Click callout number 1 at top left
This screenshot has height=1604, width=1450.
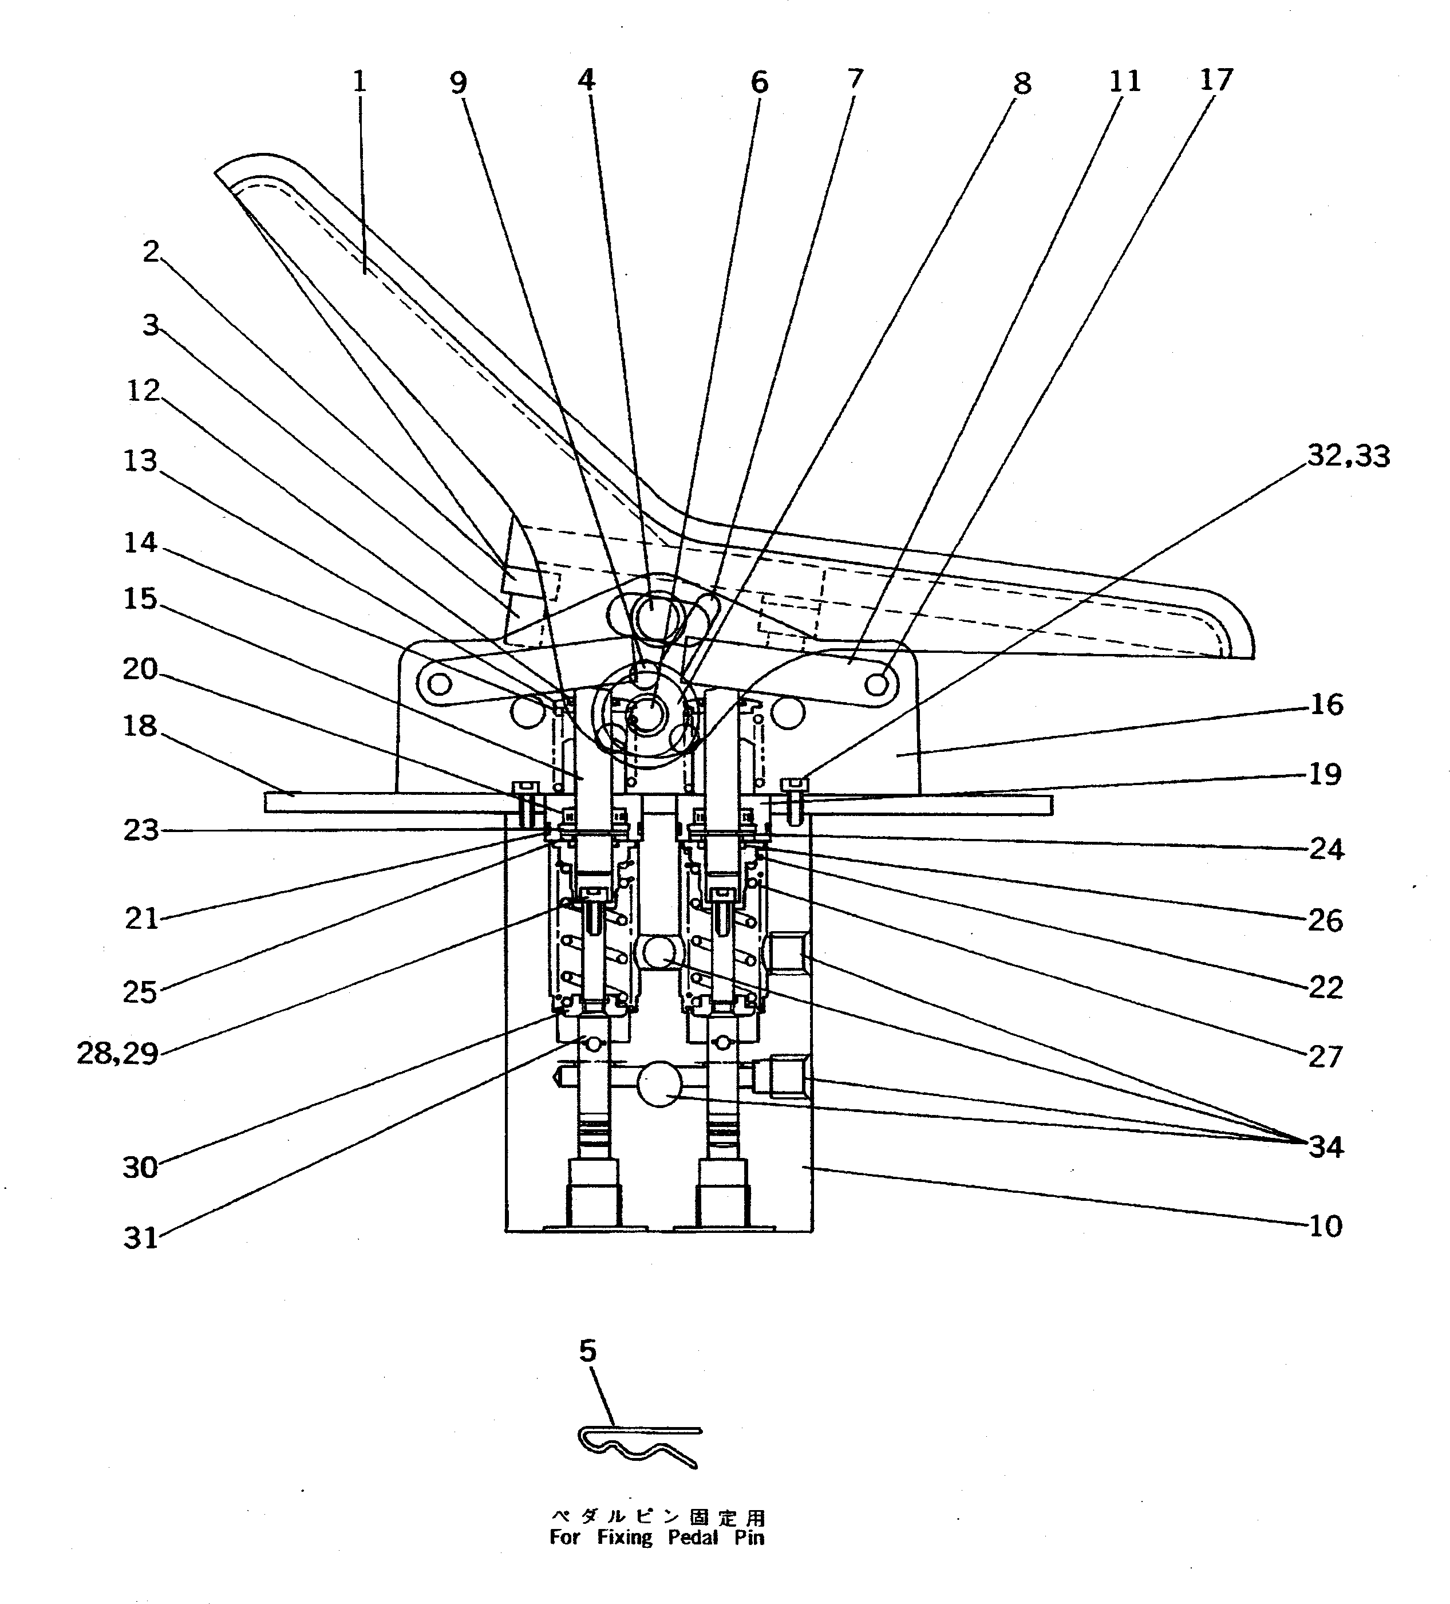359,81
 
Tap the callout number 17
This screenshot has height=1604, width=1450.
1215,80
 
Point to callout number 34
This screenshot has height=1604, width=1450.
1325,1147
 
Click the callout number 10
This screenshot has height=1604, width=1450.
1325,1226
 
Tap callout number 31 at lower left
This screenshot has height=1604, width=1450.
141,1238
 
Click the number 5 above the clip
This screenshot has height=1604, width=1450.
587,1351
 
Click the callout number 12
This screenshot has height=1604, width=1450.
143,391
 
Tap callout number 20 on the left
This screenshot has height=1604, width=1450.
140,669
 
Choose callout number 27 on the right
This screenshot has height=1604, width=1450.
1325,1057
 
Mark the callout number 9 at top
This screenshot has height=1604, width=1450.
458,82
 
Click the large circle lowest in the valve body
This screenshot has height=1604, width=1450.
659,1087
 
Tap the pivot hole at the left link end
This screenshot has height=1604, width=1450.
437,683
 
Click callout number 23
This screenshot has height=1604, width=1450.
141,831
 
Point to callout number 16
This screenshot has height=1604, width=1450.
1326,704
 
